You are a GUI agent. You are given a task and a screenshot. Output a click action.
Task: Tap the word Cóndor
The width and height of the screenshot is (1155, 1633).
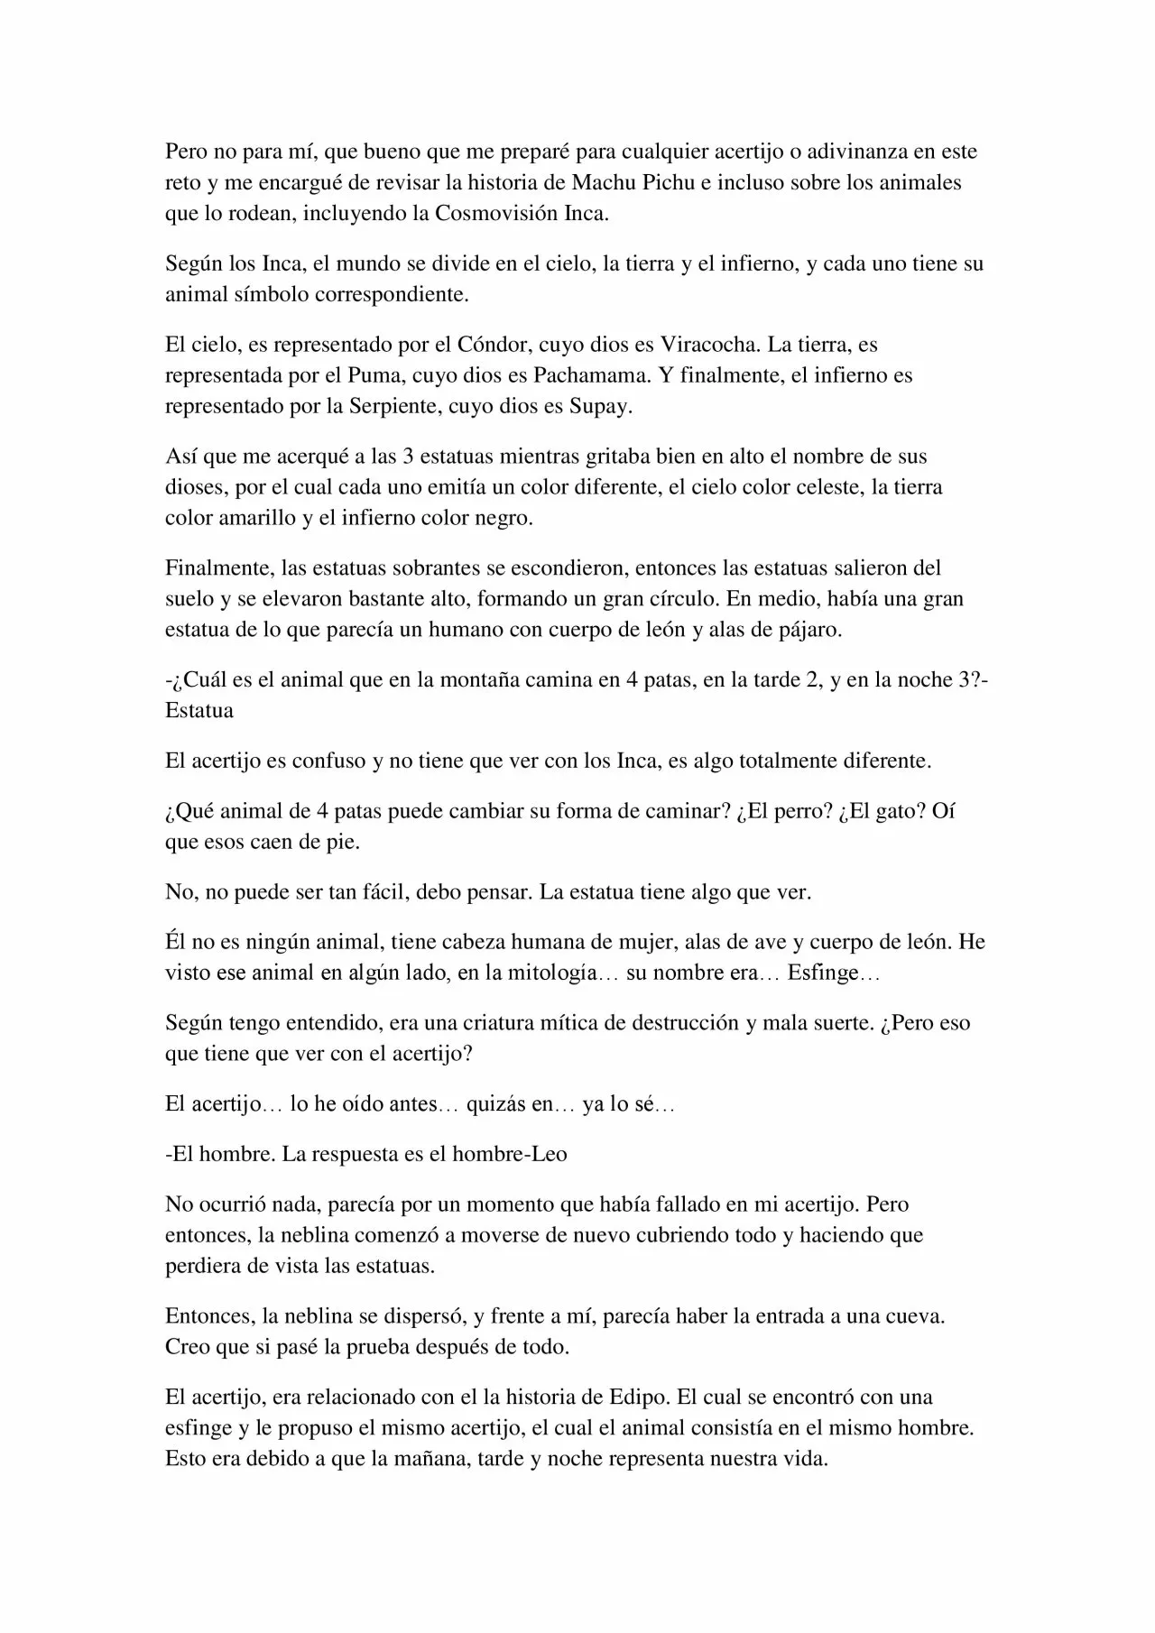496,344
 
